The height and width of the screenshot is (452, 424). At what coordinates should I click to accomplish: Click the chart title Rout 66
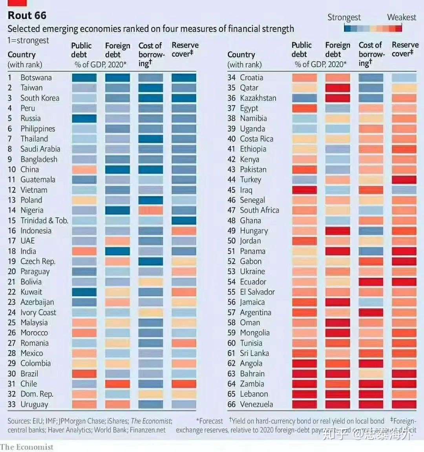click(x=27, y=16)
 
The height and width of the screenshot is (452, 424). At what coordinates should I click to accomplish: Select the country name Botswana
click(x=36, y=78)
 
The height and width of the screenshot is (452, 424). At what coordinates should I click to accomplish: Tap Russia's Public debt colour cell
click(x=84, y=118)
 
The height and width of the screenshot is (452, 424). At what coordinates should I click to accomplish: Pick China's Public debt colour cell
click(x=84, y=169)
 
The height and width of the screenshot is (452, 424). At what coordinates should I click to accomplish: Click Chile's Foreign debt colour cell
click(x=117, y=384)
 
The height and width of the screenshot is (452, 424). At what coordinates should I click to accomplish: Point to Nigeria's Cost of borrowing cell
click(x=151, y=210)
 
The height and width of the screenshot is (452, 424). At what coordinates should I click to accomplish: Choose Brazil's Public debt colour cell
click(x=84, y=374)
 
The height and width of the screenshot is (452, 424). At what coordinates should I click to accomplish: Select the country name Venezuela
click(x=256, y=404)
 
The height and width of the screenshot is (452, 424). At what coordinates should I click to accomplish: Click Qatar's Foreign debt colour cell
click(x=338, y=88)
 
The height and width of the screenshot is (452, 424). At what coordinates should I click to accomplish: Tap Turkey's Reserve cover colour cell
click(x=404, y=180)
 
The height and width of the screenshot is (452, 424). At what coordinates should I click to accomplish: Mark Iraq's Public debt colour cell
click(x=304, y=190)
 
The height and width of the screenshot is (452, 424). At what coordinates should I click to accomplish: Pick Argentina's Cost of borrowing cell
click(x=371, y=312)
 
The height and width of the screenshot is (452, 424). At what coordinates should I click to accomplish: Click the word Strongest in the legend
click(x=344, y=17)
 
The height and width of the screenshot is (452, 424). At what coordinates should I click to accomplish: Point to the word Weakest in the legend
click(x=401, y=17)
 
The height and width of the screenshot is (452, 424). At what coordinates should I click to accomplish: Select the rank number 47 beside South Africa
click(x=231, y=210)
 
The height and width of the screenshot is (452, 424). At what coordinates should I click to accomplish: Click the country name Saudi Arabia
click(x=40, y=149)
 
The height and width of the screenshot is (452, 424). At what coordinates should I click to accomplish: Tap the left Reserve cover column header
click(x=185, y=49)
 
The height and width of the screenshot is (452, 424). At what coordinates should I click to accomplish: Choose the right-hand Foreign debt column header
click(x=338, y=49)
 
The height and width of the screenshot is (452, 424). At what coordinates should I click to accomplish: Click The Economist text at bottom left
click(x=27, y=447)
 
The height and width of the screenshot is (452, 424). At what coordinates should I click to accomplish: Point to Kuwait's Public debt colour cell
click(x=84, y=292)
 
